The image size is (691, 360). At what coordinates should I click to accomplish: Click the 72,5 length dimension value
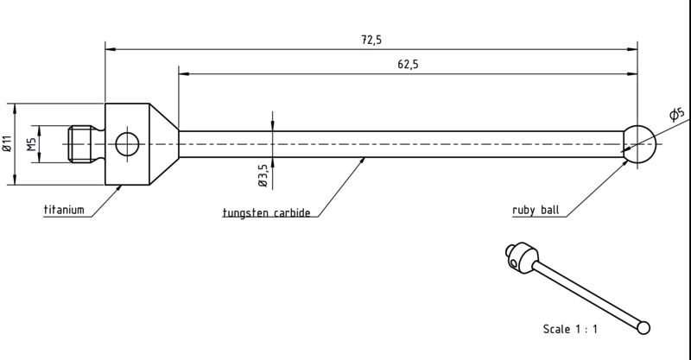coord(371,40)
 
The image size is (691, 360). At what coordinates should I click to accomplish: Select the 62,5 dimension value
coord(408,65)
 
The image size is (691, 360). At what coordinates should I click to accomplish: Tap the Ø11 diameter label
coord(7,144)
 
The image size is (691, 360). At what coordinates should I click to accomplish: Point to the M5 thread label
coord(31,144)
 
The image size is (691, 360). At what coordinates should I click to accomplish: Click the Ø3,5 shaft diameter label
coord(263,175)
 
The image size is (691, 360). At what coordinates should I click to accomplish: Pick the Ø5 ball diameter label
coord(677,113)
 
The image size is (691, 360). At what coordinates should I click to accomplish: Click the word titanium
coord(64,209)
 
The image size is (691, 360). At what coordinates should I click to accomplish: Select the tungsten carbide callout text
coord(267,213)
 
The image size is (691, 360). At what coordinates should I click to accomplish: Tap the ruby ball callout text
coord(536,210)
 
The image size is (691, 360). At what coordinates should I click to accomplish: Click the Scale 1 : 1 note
coord(570,329)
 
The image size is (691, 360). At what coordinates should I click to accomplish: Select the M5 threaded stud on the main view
coord(80,144)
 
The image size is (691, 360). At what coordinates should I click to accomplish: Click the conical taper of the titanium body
coord(164,144)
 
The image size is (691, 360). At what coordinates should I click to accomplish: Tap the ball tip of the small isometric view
coord(643,328)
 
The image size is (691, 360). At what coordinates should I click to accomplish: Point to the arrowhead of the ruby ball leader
coord(624,163)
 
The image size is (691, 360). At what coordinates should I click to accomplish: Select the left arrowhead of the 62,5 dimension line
coord(184,74)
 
